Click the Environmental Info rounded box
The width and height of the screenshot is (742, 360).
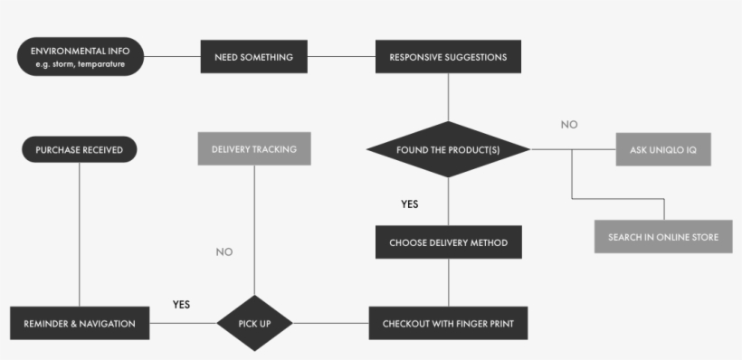point(81,57)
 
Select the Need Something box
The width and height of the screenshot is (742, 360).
point(253,57)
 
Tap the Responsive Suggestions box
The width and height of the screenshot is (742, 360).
point(448,57)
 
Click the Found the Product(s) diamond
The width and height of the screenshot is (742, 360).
point(448,149)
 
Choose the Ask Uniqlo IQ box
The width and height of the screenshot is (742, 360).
point(664,149)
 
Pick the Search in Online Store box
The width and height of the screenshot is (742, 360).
point(663,237)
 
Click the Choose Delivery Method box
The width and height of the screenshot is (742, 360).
point(448,242)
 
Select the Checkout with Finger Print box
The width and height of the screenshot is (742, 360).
point(448,323)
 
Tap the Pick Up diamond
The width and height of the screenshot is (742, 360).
point(254,323)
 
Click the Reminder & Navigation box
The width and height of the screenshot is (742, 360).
point(80,323)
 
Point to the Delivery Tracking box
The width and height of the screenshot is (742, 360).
point(254,149)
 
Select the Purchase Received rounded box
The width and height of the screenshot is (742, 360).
point(80,149)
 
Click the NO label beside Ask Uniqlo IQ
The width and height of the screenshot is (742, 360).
point(568,125)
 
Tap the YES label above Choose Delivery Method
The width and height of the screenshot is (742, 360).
point(410,204)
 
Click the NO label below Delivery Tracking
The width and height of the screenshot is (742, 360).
point(224,251)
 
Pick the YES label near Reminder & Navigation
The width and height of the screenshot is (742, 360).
point(181,304)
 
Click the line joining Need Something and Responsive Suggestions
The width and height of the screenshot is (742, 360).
point(341,57)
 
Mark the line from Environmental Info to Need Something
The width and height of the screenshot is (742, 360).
point(172,57)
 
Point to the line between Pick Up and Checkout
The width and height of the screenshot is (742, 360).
point(330,323)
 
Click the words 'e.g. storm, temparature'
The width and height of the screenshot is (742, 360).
point(81,64)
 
